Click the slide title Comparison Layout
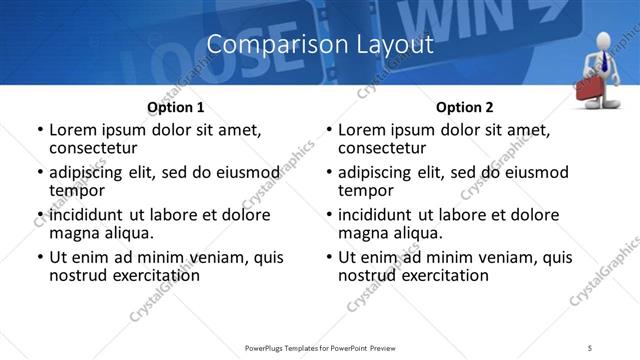coord(320,45)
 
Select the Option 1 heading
coord(175,107)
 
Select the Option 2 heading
coord(464,107)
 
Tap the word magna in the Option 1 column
coord(73,233)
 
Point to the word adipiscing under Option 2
coord(381,172)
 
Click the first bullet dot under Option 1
coord(39,131)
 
